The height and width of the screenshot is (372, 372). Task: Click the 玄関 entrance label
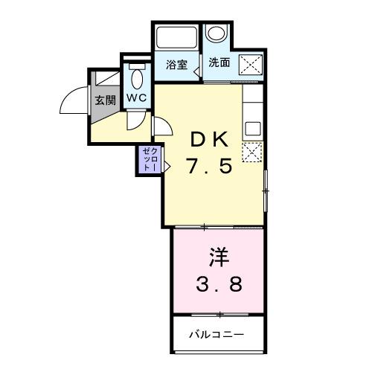pos(105,100)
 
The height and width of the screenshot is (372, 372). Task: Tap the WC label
pos(136,97)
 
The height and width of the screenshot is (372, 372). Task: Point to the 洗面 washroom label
pos(219,63)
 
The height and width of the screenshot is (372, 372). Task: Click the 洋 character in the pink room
pos(217,257)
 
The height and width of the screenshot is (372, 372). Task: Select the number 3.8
pos(218,284)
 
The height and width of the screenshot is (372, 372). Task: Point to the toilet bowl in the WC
pos(138,77)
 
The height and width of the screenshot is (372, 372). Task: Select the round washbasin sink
pos(217,35)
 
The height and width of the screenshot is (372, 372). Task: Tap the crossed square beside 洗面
pos(248,65)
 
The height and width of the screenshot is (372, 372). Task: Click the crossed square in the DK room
pos(253,152)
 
